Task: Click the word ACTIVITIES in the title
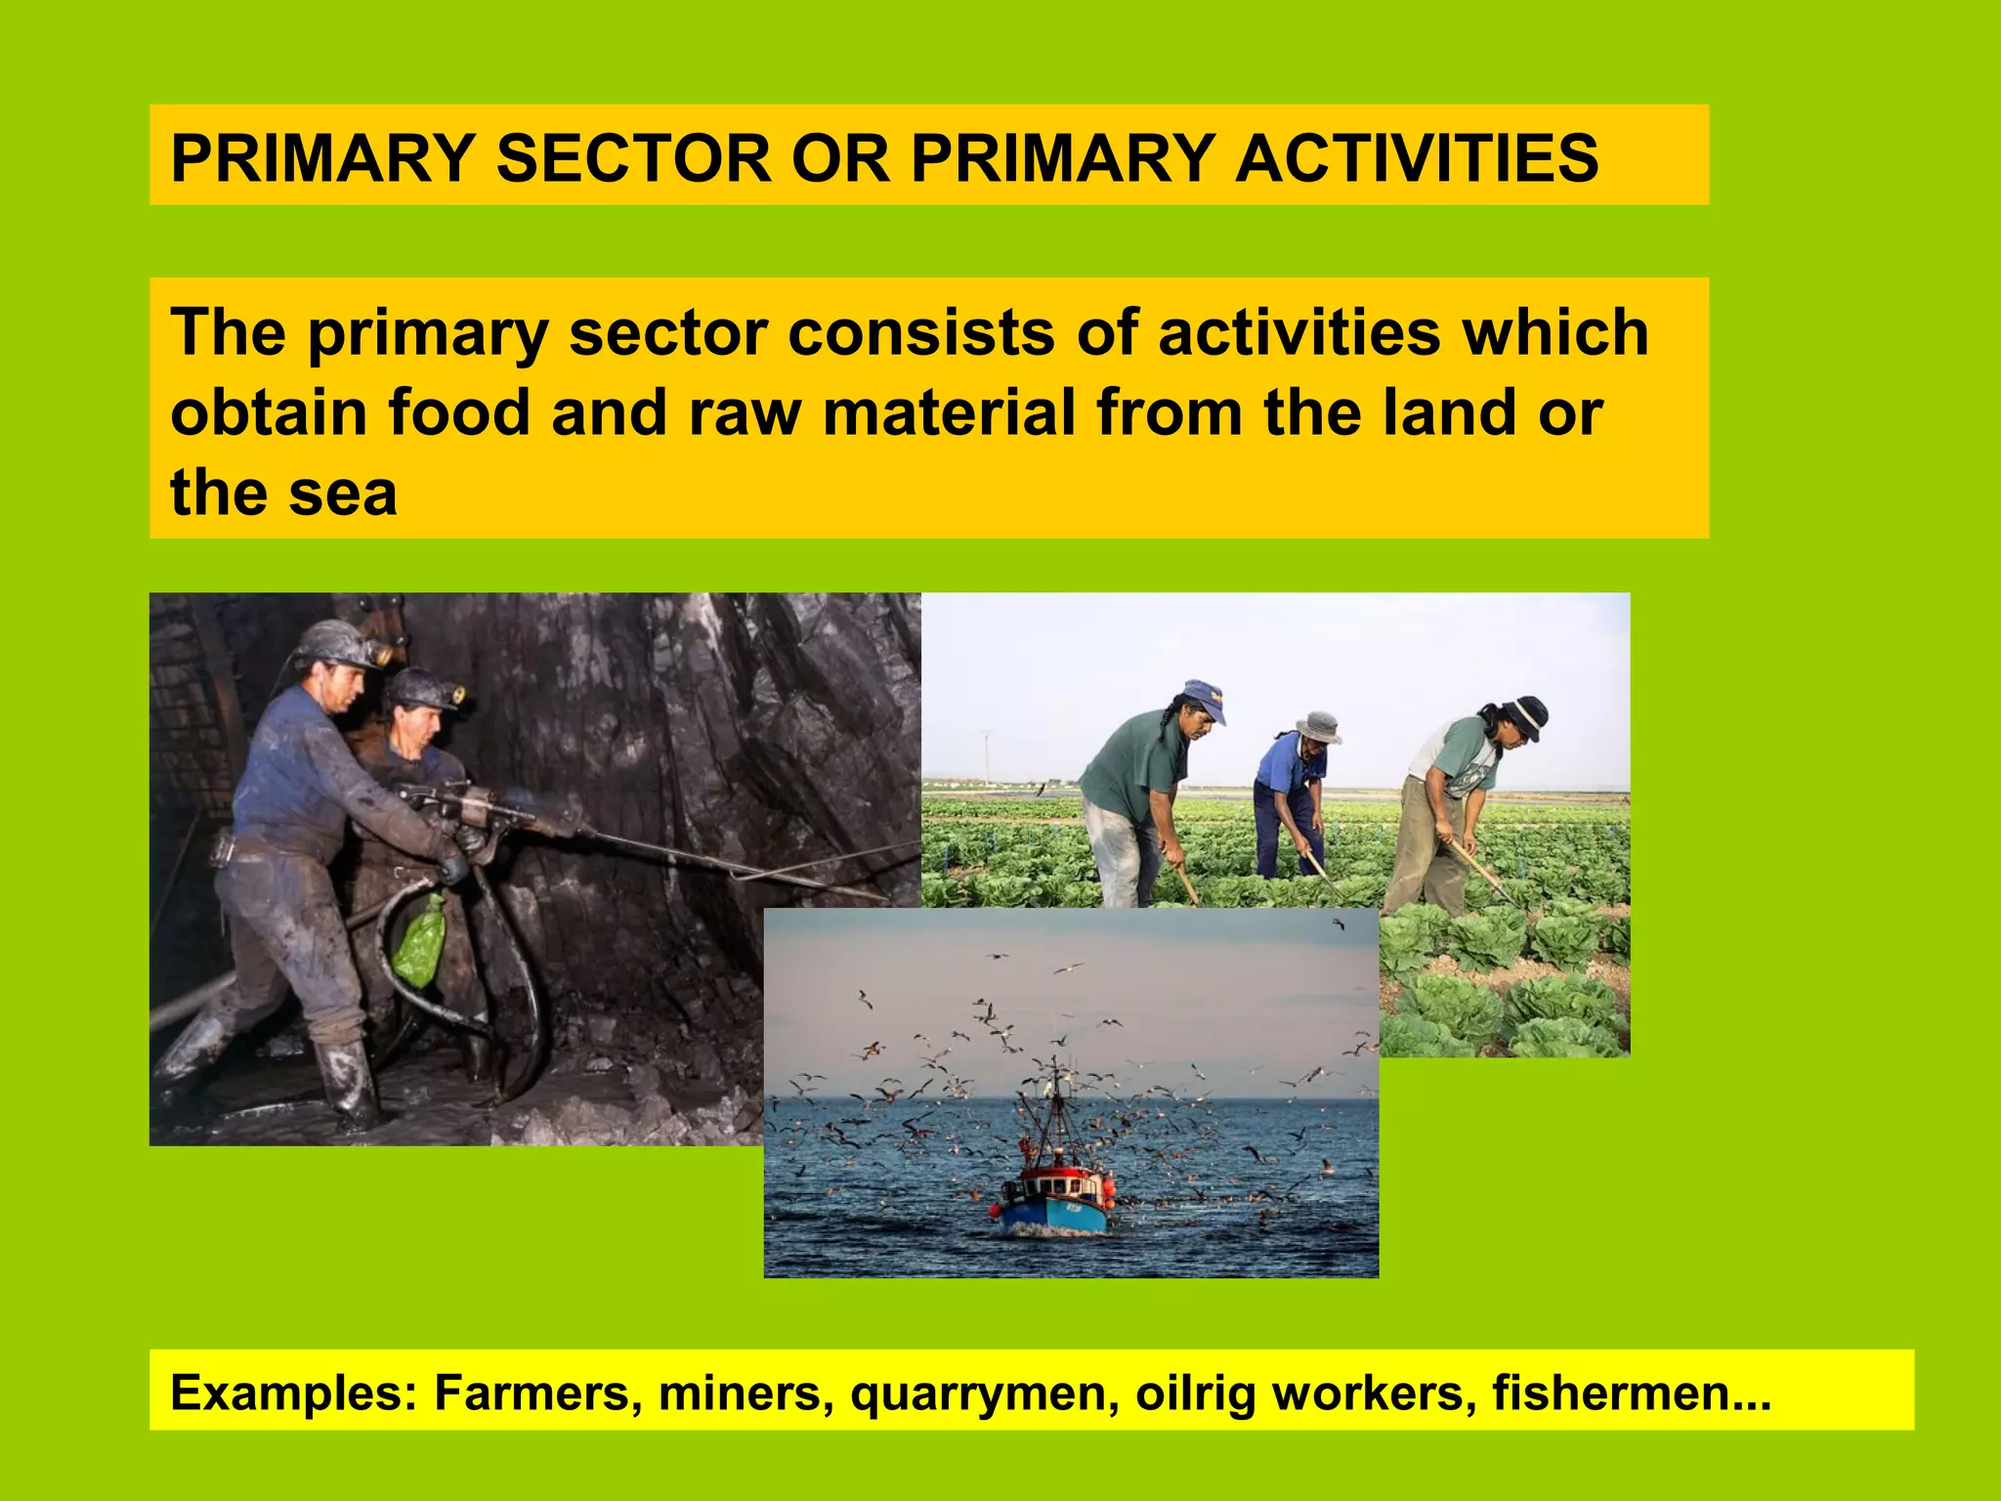click(x=1416, y=158)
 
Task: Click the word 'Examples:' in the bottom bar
click(x=294, y=1392)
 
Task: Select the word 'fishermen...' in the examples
click(x=1631, y=1392)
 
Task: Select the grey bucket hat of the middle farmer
click(x=1317, y=727)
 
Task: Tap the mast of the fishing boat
click(x=1055, y=1104)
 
